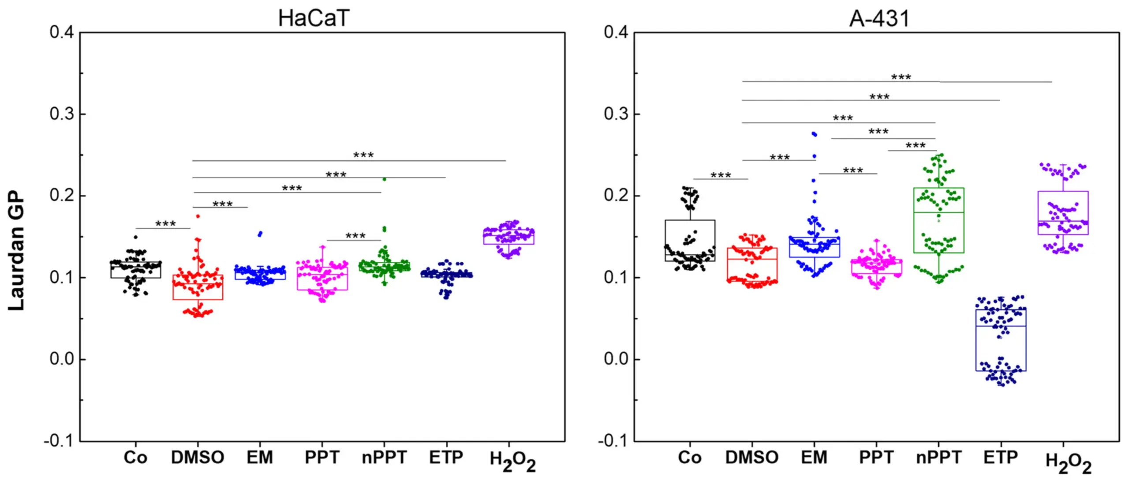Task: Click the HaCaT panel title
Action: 314,19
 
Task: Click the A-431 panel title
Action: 879,19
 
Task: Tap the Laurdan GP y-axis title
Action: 16,250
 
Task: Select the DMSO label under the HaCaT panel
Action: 198,458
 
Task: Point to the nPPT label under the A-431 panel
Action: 938,458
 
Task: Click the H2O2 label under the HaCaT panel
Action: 512,461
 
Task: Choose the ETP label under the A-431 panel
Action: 1001,458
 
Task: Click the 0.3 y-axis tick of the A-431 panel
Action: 616,114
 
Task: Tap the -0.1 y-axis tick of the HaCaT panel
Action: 59,440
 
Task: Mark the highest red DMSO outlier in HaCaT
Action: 198,216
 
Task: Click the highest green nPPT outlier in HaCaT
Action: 384,179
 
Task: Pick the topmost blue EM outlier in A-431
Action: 814,134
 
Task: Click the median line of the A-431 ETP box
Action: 1001,326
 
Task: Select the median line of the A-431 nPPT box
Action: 938,212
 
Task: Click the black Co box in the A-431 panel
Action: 690,240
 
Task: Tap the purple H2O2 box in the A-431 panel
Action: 1063,213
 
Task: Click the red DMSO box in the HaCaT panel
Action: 198,287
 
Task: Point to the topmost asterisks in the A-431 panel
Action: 901,77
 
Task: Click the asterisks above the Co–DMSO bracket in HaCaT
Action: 165,224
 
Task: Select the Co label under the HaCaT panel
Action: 135,458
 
